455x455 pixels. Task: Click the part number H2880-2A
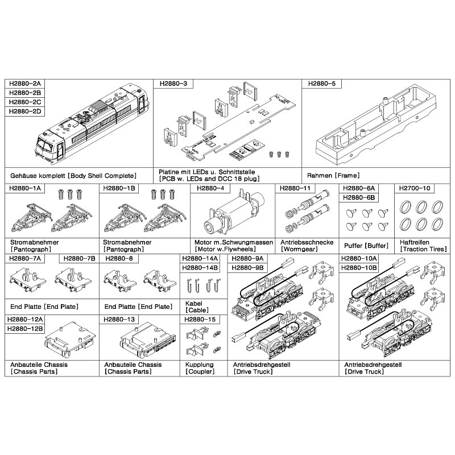point(25,84)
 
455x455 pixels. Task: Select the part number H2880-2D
point(25,111)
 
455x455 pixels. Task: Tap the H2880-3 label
point(173,84)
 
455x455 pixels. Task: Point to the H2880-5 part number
point(322,84)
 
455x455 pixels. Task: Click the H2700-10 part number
point(415,188)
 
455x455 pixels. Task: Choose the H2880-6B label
point(359,197)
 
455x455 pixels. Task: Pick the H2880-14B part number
point(200,268)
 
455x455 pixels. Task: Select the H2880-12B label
point(25,329)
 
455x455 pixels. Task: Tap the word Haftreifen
point(415,242)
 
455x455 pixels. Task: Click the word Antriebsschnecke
point(307,242)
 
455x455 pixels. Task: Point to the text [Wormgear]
point(299,249)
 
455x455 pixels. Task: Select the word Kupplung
point(200,365)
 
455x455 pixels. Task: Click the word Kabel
point(194,304)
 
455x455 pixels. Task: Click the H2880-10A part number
point(359,259)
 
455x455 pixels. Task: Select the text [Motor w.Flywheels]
point(225,249)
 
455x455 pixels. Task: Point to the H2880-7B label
point(79,259)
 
